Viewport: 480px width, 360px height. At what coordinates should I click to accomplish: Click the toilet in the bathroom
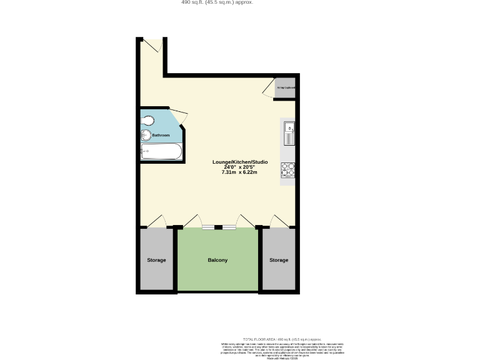(x=147, y=120)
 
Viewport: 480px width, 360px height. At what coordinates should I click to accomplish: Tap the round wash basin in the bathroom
(x=146, y=134)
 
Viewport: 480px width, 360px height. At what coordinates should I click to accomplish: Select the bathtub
(x=161, y=151)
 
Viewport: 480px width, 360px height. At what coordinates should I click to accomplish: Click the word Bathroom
(x=161, y=135)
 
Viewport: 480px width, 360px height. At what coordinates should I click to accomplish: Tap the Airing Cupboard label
(x=286, y=87)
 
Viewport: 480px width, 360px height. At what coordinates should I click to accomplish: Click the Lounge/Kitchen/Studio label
(x=239, y=162)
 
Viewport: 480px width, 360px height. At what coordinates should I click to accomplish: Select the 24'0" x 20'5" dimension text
(x=239, y=167)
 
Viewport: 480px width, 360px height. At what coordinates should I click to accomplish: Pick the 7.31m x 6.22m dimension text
(x=239, y=172)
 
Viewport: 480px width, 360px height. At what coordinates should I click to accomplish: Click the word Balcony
(x=217, y=260)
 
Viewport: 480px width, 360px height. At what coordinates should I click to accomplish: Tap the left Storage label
(x=156, y=260)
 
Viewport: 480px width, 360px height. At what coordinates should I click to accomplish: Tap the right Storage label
(x=279, y=260)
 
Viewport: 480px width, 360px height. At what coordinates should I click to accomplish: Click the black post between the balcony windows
(x=218, y=227)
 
